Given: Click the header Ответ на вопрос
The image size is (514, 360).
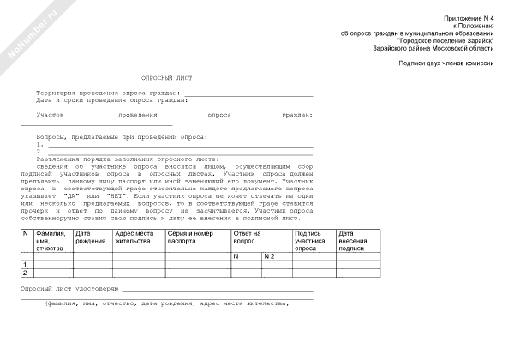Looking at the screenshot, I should pos(248,237).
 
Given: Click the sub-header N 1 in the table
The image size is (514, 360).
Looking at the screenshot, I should pos(239,256).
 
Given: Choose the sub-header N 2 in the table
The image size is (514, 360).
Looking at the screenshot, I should pos(269,256).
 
